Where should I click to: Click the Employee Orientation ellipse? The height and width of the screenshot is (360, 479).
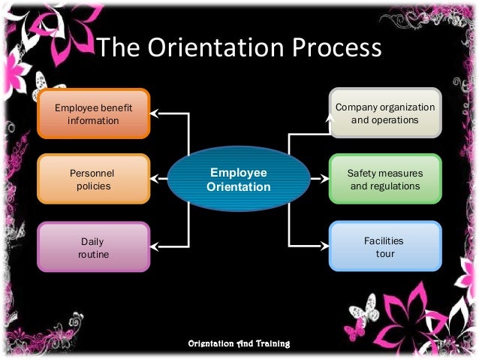[239, 179]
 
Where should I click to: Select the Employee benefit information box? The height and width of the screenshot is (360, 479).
[94, 113]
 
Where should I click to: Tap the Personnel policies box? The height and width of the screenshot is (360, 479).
[94, 179]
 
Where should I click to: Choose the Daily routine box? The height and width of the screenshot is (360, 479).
[94, 247]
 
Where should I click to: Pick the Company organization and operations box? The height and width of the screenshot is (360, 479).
[385, 113]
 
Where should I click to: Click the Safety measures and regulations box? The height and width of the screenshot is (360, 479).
[385, 179]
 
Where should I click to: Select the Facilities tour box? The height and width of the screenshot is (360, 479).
[385, 247]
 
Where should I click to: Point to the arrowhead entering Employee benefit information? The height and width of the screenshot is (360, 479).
[155, 113]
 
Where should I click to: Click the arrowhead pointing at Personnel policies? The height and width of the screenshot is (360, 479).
[155, 179]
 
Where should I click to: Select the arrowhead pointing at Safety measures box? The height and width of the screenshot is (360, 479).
[324, 179]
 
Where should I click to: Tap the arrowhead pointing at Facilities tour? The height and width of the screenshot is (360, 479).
[324, 245]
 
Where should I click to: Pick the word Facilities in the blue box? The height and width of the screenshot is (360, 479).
[384, 241]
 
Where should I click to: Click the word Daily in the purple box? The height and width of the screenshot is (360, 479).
[92, 241]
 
